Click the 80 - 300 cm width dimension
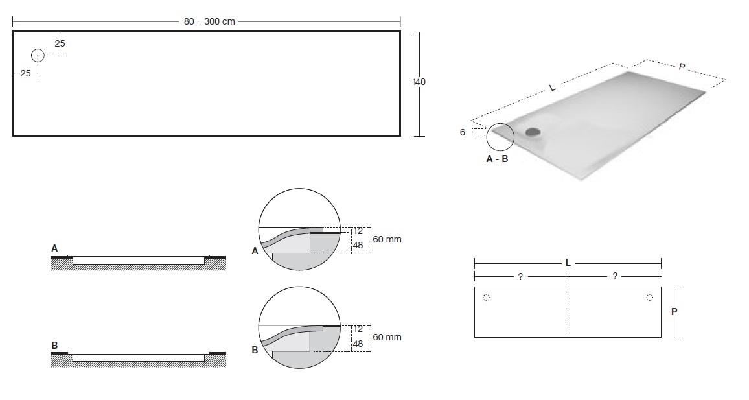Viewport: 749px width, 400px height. point(209,21)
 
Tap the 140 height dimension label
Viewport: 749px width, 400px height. point(419,82)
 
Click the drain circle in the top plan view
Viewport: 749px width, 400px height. point(38,56)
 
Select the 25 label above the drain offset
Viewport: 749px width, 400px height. point(60,43)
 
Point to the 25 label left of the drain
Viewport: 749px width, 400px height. point(25,74)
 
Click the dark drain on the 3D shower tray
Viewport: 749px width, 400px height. point(532,132)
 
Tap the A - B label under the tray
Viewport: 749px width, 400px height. point(497,159)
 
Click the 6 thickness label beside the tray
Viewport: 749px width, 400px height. point(463,132)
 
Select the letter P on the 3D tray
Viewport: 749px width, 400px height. point(682,67)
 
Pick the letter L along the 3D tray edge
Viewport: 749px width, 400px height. point(553,88)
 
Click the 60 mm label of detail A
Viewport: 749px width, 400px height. point(387,239)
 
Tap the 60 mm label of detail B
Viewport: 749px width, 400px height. point(387,337)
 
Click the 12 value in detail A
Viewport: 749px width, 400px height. point(358,231)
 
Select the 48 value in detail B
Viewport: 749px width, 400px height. point(358,344)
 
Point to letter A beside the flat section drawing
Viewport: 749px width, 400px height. point(54,248)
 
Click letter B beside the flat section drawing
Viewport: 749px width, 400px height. point(54,346)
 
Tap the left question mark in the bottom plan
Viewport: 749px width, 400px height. point(520,277)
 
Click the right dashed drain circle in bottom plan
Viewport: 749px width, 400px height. point(650,298)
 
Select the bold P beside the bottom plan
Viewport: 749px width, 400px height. point(674,312)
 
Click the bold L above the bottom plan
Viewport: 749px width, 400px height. point(568,263)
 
